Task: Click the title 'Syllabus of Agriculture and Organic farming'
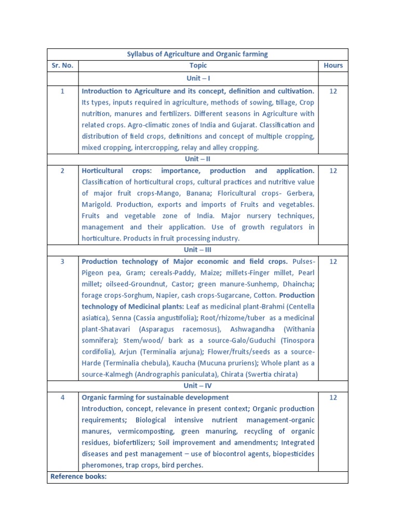point(197,54)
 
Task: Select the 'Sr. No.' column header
point(62,65)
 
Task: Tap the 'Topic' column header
point(198,65)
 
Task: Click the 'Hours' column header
point(333,65)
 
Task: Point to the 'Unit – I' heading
point(197,77)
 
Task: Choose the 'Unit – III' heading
point(197,249)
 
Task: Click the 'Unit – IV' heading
point(197,385)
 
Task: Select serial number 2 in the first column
point(62,171)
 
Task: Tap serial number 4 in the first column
point(62,397)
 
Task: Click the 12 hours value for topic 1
point(333,91)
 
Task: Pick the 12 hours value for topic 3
point(333,261)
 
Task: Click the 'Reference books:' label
point(78,476)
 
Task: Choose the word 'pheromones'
point(102,465)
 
